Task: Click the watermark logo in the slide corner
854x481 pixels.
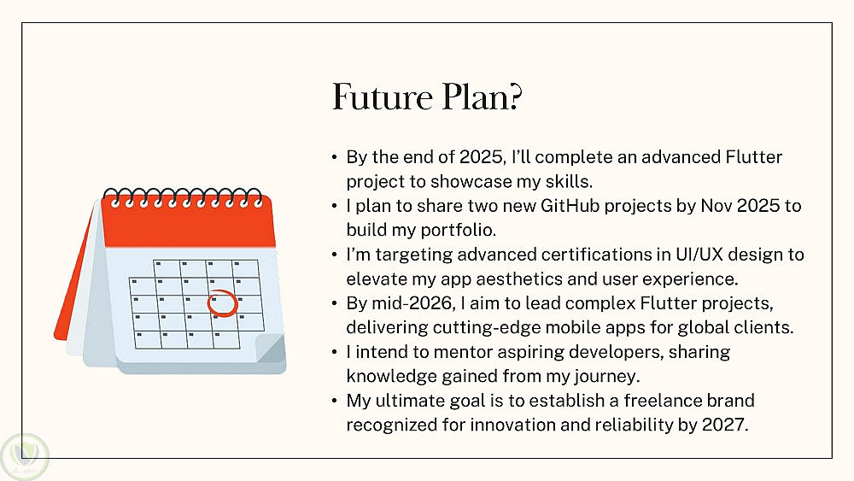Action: (25, 456)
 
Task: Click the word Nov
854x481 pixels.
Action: (717, 206)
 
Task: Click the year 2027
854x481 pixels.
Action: (725, 425)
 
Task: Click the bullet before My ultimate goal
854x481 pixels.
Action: (335, 401)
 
